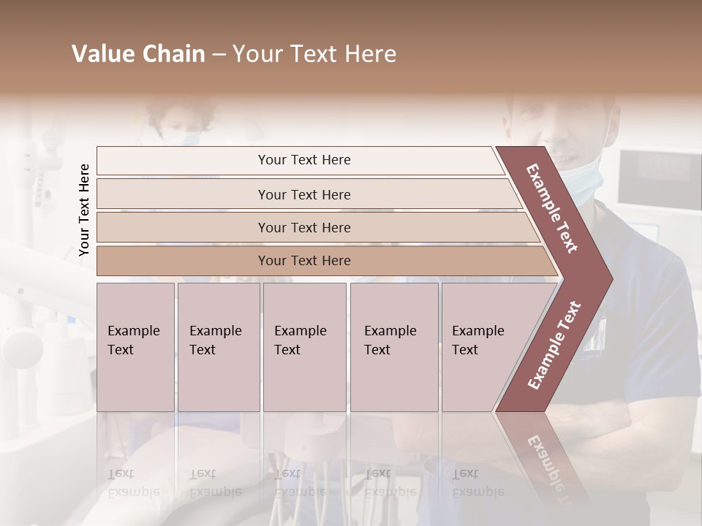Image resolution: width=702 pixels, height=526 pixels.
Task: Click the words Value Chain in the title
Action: [138, 54]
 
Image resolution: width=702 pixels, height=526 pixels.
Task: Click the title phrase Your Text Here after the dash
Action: [314, 54]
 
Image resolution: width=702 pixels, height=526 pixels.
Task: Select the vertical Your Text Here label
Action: [84, 210]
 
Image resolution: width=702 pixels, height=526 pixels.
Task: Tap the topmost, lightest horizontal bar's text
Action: [304, 160]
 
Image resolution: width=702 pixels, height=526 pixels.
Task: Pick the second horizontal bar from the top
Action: [304, 194]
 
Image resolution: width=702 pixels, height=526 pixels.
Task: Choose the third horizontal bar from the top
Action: [304, 228]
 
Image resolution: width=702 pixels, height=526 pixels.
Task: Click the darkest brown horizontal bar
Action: [304, 261]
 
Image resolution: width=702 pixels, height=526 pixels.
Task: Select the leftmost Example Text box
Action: [135, 347]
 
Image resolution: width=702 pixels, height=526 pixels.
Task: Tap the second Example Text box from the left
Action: [218, 347]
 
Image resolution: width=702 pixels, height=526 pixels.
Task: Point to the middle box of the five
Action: [303, 347]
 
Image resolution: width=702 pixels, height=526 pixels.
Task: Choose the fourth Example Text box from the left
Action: [393, 347]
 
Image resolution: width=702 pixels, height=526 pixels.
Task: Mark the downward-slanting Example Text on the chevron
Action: [553, 208]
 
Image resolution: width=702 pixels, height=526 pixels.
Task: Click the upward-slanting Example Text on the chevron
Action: [554, 345]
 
